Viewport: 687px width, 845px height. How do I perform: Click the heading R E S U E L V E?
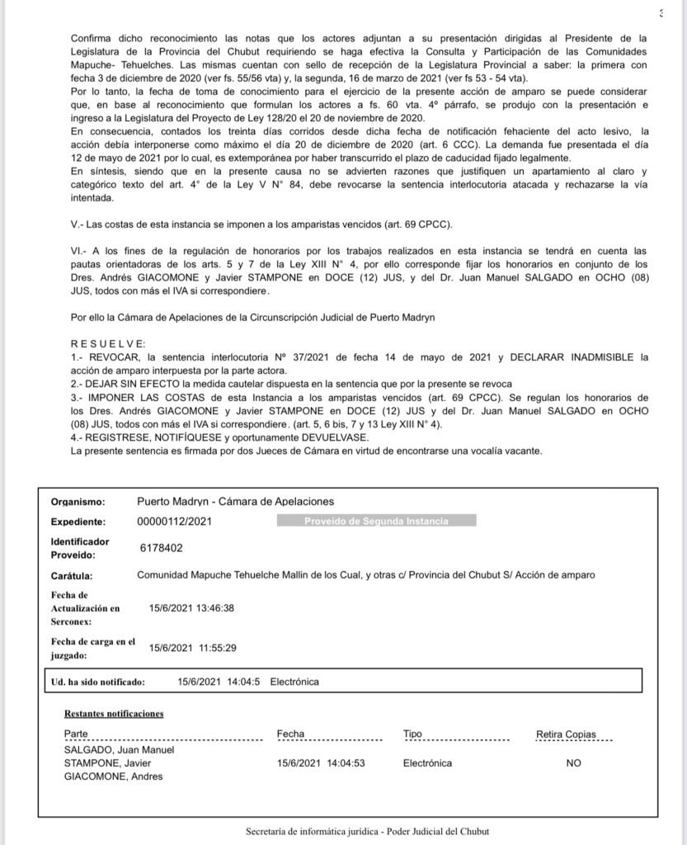tap(108, 343)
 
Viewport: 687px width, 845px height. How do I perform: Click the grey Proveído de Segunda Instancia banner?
tap(376, 522)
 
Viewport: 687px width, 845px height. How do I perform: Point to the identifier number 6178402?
tap(162, 547)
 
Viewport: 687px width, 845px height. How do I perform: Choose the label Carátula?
tap(72, 575)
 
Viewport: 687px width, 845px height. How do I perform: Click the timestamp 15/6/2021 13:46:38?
tap(192, 608)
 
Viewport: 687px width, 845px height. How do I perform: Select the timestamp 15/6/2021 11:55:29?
tap(192, 648)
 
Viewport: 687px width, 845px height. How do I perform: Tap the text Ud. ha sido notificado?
tap(98, 682)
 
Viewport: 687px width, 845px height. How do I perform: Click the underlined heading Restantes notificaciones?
tap(114, 713)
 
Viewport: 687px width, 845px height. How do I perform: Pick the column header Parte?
tap(76, 734)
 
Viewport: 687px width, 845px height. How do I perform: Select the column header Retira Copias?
tap(566, 734)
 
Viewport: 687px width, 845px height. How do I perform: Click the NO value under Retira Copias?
tap(573, 763)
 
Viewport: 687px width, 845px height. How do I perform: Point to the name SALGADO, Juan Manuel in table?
tap(119, 750)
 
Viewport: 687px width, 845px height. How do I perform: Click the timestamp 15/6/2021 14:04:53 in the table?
tap(321, 763)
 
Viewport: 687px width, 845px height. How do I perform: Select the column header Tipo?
tap(412, 734)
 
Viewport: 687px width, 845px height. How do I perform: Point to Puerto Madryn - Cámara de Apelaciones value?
tap(235, 501)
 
